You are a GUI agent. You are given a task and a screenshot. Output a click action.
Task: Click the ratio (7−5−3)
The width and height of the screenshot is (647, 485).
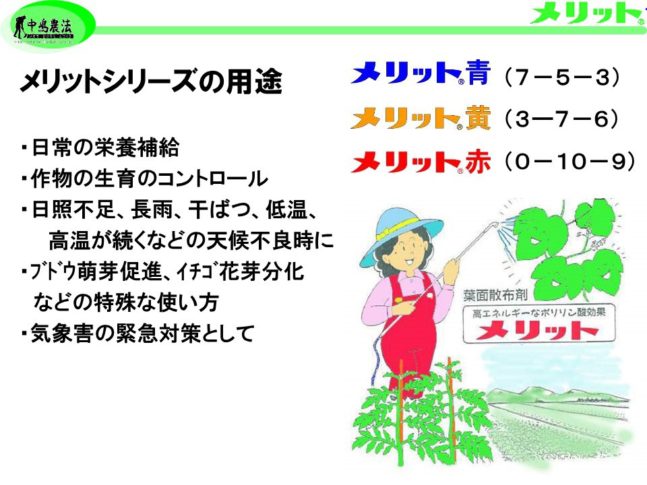click(561, 77)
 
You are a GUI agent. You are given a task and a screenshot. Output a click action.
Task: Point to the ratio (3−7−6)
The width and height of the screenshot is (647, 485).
click(561, 120)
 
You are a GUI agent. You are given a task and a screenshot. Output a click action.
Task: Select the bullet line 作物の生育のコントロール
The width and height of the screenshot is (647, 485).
click(144, 179)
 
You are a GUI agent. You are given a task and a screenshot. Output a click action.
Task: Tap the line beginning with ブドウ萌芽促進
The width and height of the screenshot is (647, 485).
click(162, 272)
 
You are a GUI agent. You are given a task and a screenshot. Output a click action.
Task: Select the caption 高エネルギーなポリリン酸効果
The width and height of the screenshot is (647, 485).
click(537, 313)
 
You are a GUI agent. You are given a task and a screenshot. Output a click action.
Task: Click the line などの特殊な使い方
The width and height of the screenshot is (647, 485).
click(126, 303)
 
